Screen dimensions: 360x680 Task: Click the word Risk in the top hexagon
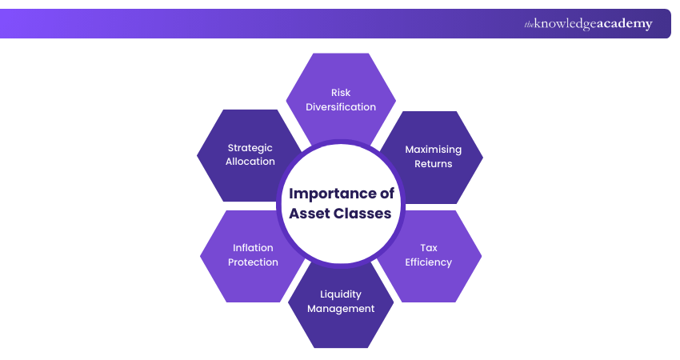[x=341, y=92]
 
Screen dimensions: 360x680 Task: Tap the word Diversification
[x=341, y=106]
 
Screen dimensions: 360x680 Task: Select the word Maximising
[x=429, y=149]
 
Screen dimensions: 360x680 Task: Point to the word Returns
[x=429, y=163]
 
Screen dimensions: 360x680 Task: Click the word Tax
[x=429, y=247]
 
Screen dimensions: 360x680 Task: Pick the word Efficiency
[x=429, y=262]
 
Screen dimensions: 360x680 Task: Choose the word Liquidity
[x=341, y=294]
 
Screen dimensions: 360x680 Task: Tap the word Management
[x=341, y=308]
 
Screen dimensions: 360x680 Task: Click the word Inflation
[x=253, y=247]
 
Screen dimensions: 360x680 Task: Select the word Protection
[x=253, y=262]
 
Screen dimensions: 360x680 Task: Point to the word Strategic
[x=250, y=147]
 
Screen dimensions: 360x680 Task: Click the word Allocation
[x=250, y=162]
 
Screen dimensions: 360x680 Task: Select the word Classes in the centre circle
[x=363, y=213]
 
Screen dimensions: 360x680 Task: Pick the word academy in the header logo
[x=625, y=24]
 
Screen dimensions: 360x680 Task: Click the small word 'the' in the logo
[x=529, y=25]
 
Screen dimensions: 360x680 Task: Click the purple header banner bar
[x=240, y=23]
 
